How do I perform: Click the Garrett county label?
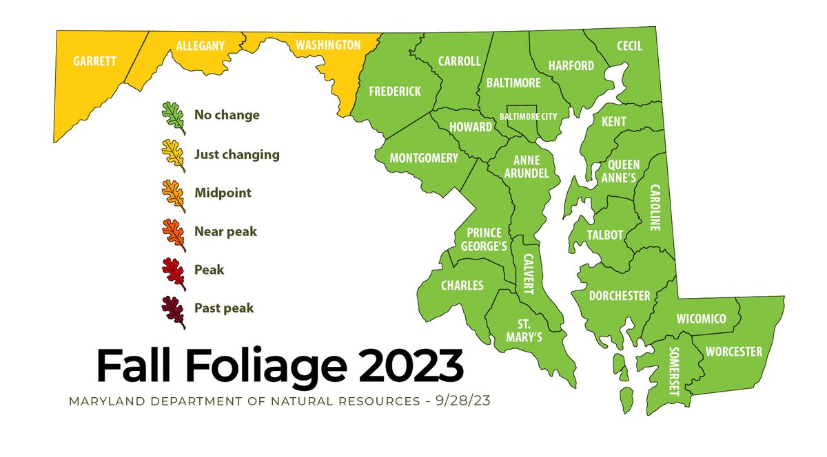pyautogui.click(x=94, y=61)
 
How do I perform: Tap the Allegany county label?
pyautogui.click(x=201, y=46)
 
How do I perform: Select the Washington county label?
pyautogui.click(x=328, y=45)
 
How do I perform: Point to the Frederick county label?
pyautogui.click(x=395, y=92)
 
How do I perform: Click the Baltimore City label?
pyautogui.click(x=529, y=116)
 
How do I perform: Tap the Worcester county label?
pyautogui.click(x=734, y=352)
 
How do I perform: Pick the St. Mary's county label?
pyautogui.click(x=530, y=330)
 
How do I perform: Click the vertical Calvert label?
pyautogui.click(x=529, y=273)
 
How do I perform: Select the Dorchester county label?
pyautogui.click(x=620, y=296)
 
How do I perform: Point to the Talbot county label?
pyautogui.click(x=605, y=235)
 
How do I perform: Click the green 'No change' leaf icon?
pyautogui.click(x=173, y=116)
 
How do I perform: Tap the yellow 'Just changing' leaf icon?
pyautogui.click(x=173, y=155)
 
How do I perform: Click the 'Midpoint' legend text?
pyautogui.click(x=223, y=193)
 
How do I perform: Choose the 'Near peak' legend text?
pyautogui.click(x=225, y=232)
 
